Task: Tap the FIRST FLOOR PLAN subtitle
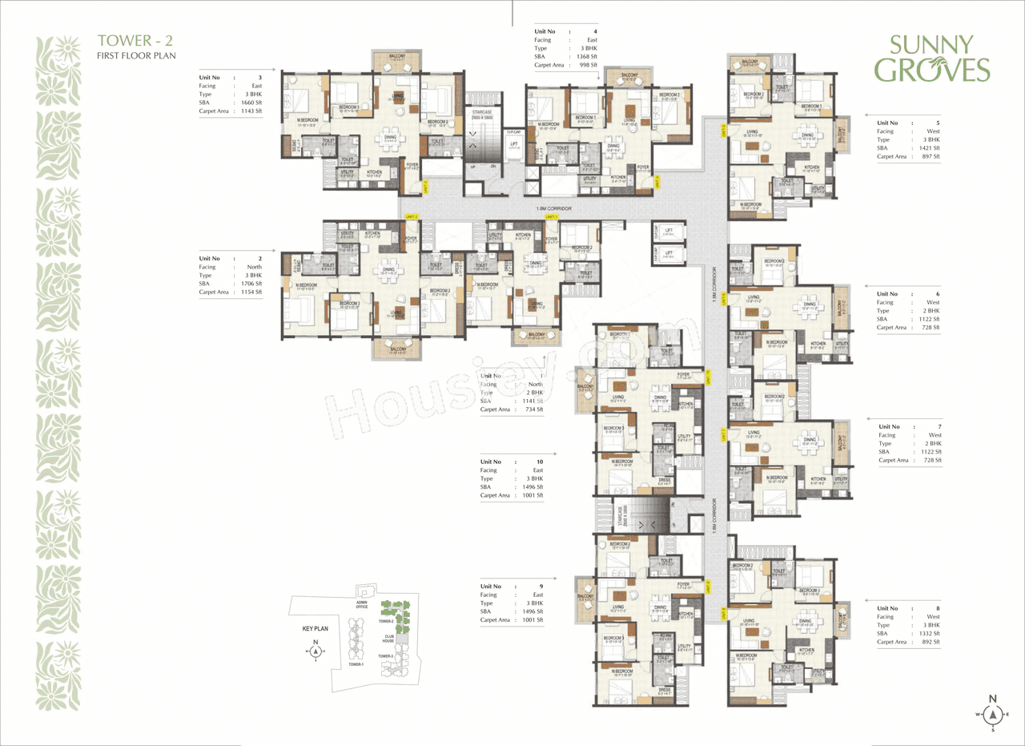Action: [x=136, y=56]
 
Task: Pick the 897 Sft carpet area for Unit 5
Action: [x=930, y=157]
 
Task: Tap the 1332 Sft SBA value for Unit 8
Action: [x=930, y=634]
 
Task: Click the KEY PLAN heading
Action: [x=316, y=629]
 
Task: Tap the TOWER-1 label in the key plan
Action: [x=356, y=664]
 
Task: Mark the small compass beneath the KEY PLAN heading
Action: [x=316, y=651]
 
